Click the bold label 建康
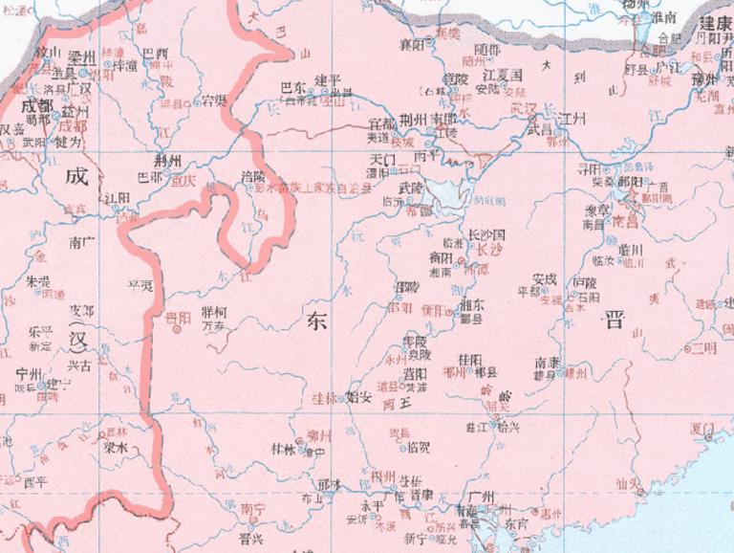(715, 23)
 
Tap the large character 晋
(611, 321)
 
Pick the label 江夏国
(502, 74)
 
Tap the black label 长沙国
(485, 233)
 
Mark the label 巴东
(292, 86)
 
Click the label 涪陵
(252, 176)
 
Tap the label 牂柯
(216, 312)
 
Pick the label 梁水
(116, 447)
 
